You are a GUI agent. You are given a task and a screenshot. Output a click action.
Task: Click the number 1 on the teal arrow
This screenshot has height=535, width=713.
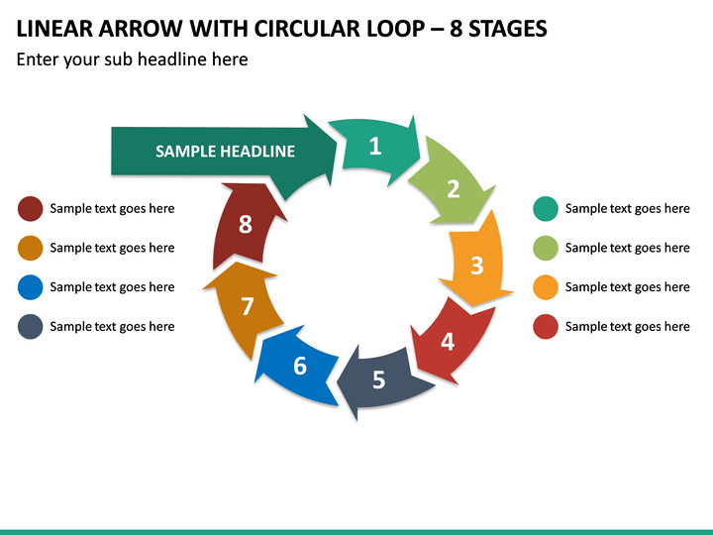[x=375, y=146]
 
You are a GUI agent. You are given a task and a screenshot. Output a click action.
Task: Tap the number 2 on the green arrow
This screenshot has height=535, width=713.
[x=454, y=189]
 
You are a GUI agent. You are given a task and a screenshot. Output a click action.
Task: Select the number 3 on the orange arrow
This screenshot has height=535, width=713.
[x=477, y=266]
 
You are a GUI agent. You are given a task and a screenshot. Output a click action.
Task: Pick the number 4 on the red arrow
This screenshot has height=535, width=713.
[x=448, y=342]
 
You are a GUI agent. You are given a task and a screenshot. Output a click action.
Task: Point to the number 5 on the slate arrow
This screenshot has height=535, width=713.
[x=378, y=379]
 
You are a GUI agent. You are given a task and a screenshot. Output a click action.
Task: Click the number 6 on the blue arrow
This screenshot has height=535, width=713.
[x=300, y=366]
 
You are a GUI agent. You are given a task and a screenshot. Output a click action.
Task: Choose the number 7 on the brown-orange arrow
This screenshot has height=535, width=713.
[x=248, y=306]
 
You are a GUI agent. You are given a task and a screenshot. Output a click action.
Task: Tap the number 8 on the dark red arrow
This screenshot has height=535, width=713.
[x=246, y=224]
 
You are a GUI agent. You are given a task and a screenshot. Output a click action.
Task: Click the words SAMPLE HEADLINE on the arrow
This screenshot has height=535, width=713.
[x=225, y=151]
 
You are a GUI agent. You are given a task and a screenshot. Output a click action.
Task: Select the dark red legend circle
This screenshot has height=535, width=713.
[x=31, y=209]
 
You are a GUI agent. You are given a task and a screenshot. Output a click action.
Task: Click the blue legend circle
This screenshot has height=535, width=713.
[x=31, y=287]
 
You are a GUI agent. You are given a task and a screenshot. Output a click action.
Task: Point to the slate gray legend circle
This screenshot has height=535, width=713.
[x=31, y=327]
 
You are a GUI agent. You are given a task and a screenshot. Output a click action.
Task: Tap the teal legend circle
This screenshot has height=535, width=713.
[x=546, y=209]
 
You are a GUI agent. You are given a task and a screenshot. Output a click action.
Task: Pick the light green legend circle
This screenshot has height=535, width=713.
[x=546, y=248]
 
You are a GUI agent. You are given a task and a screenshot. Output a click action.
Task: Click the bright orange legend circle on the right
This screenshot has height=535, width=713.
[x=546, y=287]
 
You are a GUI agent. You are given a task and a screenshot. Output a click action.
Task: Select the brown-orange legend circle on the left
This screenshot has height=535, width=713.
[x=31, y=248]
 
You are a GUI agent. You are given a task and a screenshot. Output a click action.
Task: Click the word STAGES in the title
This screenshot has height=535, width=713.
[x=507, y=29]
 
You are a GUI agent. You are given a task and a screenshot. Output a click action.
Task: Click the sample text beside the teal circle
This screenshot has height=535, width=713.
[x=628, y=208]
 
